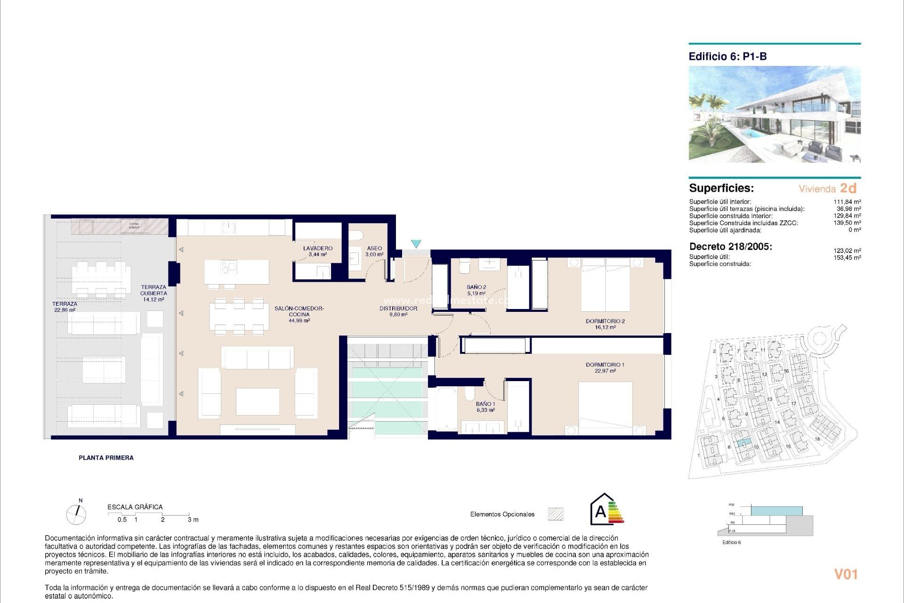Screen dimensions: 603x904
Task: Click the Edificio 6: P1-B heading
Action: [727, 57]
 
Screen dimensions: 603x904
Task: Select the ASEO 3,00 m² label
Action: [374, 251]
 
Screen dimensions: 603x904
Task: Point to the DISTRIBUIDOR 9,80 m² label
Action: [398, 311]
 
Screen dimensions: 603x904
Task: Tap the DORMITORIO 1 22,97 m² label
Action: [605, 367]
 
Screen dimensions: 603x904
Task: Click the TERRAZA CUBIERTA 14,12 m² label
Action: [153, 293]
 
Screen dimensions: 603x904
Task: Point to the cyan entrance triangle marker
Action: [416, 244]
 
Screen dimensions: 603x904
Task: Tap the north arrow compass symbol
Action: [76, 514]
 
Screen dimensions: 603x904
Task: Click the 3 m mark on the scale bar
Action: [193, 520]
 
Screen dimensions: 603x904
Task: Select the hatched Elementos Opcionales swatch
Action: [556, 514]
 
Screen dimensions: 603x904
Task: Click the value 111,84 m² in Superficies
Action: [847, 202]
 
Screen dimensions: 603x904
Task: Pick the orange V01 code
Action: [846, 574]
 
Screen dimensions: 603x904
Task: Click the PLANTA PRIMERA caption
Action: [106, 457]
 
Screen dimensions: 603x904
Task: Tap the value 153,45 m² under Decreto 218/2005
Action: [847, 258]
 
